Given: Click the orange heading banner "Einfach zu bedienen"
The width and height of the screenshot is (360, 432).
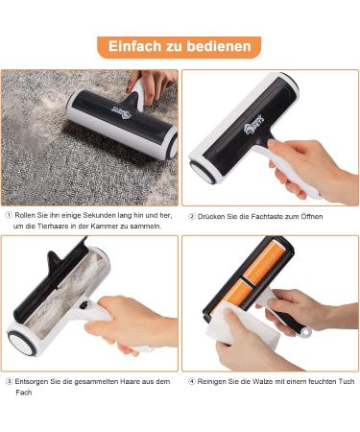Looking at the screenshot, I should [x=179, y=46].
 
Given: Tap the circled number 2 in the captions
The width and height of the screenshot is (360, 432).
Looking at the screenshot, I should [x=192, y=216].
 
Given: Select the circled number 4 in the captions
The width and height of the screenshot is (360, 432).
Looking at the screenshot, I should [x=192, y=381].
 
